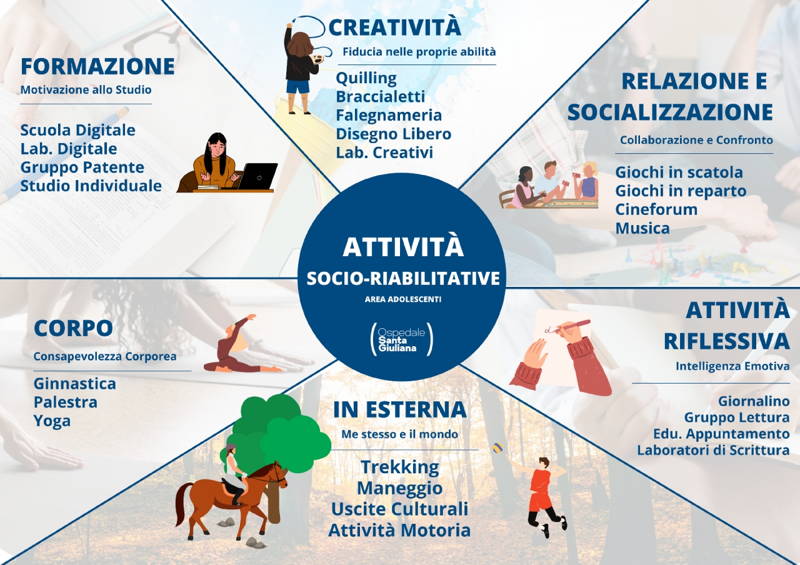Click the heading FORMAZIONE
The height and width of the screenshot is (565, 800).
point(97,66)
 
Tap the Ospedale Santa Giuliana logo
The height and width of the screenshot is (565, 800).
point(402,339)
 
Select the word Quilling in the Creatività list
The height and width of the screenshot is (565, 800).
point(366,79)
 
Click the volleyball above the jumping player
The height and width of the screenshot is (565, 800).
point(497,447)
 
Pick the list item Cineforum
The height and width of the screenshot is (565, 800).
point(656,209)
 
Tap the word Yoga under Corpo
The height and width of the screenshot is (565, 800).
point(52,421)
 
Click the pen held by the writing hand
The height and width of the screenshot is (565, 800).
point(571,326)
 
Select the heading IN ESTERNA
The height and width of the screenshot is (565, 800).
point(400,409)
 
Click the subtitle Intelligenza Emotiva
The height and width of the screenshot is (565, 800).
point(732,366)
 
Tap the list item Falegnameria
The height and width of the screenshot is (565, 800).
point(389,116)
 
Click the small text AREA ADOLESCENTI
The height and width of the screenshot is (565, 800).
point(403,299)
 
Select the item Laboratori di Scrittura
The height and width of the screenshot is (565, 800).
point(713,451)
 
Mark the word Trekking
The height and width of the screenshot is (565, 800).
point(399,467)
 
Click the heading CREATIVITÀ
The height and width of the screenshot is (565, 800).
point(394,27)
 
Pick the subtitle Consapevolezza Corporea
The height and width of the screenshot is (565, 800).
point(105,356)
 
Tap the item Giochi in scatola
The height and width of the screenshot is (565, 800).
point(679,172)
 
